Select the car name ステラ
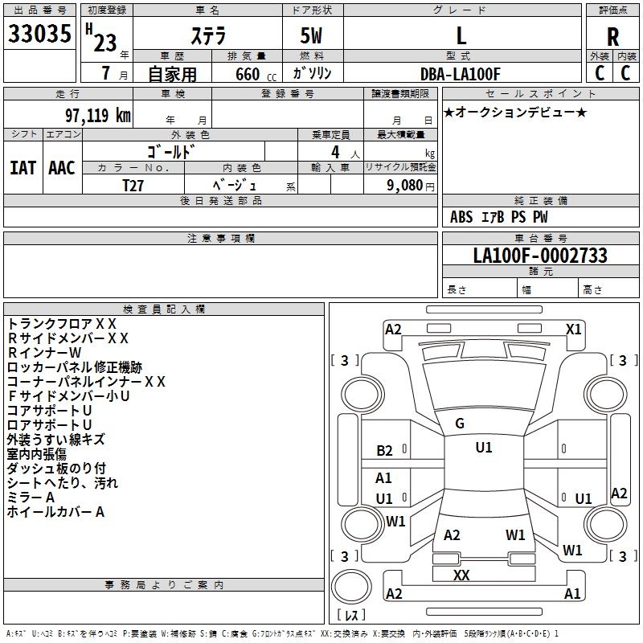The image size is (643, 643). click(x=207, y=36)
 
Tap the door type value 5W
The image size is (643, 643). click(x=311, y=36)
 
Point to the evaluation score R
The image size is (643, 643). click(x=613, y=37)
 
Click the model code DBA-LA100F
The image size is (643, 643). click(x=461, y=74)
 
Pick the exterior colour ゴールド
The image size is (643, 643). click(x=172, y=152)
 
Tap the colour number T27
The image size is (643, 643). click(x=133, y=185)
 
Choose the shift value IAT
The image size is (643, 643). click(x=22, y=167)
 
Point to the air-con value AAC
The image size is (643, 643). click(x=62, y=167)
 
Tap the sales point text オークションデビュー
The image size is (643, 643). click(x=514, y=112)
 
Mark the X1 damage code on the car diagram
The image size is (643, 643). click(x=573, y=330)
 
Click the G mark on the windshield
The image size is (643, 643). click(x=460, y=424)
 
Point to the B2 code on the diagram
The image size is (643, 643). click(x=384, y=451)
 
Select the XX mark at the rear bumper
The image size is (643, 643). click(x=461, y=575)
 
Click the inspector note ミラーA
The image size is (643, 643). click(x=31, y=498)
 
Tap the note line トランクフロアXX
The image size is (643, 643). click(x=62, y=323)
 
